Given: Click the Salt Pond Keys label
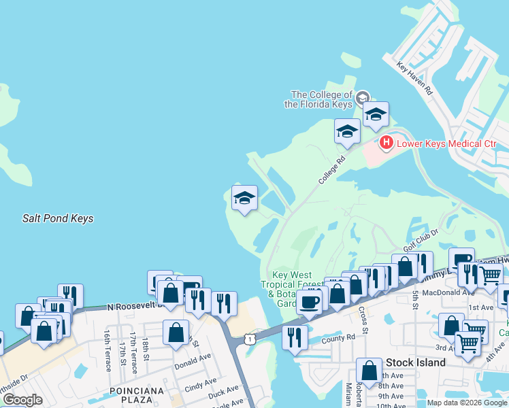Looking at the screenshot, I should (58, 218).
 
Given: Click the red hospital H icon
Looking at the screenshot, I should (386, 143).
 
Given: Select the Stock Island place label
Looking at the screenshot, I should (415, 362).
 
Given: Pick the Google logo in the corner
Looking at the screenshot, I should (22, 400).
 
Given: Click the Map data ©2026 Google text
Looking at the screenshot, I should (467, 403).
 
